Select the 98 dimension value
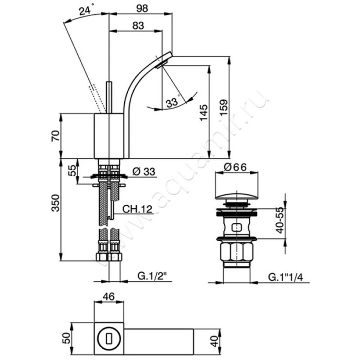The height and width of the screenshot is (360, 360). (x=142, y=9)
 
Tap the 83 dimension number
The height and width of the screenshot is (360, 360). (x=138, y=26)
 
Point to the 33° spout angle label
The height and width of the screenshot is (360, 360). (x=173, y=102)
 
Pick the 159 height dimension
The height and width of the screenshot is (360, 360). (x=223, y=107)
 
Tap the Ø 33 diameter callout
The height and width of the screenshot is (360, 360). (x=144, y=171)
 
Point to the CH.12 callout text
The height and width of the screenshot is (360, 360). (x=137, y=209)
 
